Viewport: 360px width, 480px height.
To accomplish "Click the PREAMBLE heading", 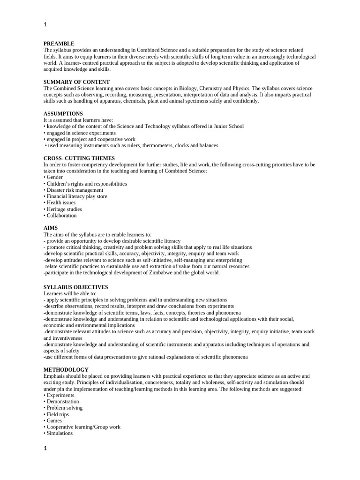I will pyautogui.click(x=59, y=44).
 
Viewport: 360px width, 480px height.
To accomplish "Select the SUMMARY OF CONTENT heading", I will pyautogui.click(x=76, y=82).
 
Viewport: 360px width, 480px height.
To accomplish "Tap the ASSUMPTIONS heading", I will pyautogui.click(x=63, y=114).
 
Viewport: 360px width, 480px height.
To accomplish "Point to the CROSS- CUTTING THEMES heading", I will pyautogui.click(x=79, y=158).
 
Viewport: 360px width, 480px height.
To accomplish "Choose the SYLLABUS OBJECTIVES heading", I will pyautogui.click(x=75, y=287).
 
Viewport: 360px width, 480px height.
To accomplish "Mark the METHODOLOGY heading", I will pyautogui.click(x=66, y=370).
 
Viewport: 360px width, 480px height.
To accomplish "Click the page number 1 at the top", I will pyautogui.click(x=45, y=24).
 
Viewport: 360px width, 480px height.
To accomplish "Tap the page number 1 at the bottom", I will pyautogui.click(x=45, y=448).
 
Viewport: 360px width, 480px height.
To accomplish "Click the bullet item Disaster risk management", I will pyautogui.click(x=75, y=190).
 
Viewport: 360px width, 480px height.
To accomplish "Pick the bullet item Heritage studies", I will pyautogui.click(x=64, y=210).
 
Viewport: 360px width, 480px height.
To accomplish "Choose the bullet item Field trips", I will pyautogui.click(x=58, y=414).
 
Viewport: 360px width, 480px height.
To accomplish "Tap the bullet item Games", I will pyautogui.click(x=54, y=421).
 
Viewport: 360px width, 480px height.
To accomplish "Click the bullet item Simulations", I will pyautogui.click(x=60, y=434).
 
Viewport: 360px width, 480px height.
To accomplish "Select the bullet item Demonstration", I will pyautogui.click(x=63, y=402).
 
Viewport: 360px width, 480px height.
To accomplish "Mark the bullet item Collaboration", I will pyautogui.click(x=61, y=216).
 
